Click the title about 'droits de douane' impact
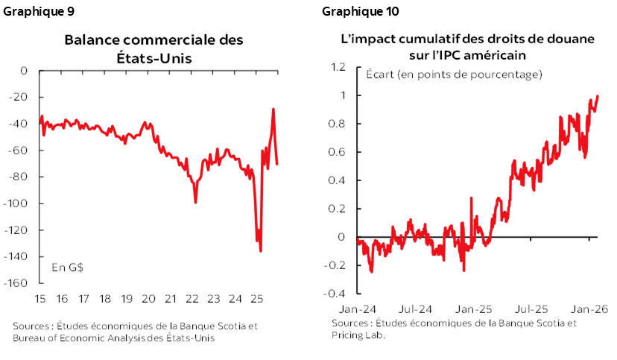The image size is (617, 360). [457, 46]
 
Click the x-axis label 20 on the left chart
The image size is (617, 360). [148, 299]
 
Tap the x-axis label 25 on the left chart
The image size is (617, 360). [257, 299]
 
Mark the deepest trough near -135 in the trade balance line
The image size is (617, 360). [260, 250]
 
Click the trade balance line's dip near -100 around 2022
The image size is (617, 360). [195, 202]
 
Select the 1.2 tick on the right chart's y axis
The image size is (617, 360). [339, 67]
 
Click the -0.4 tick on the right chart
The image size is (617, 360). [337, 294]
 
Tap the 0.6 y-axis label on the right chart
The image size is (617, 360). [339, 152]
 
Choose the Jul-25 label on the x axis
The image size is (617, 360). [530, 308]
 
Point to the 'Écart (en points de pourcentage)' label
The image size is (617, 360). [454, 75]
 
